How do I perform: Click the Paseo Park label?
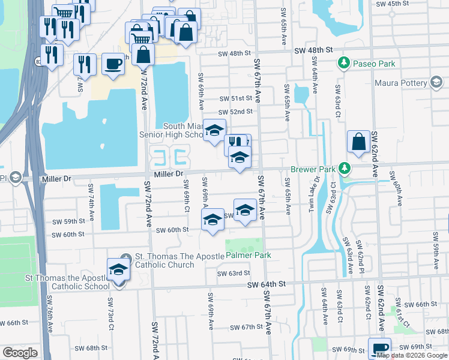tap(374, 63)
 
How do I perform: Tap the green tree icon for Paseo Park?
tap(345, 62)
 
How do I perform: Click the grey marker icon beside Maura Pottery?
tap(436, 83)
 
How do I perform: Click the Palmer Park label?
tap(249, 255)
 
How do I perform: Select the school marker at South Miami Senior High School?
tap(214, 130)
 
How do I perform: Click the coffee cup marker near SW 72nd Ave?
tap(112, 64)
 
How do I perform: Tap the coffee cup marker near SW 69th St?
tap(380, 348)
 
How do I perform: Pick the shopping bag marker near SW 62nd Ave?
tap(358, 142)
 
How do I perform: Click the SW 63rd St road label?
tap(234, 273)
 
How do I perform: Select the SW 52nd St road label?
tap(235, 112)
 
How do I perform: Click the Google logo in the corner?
tap(20, 353)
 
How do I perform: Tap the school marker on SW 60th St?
tap(212, 220)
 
